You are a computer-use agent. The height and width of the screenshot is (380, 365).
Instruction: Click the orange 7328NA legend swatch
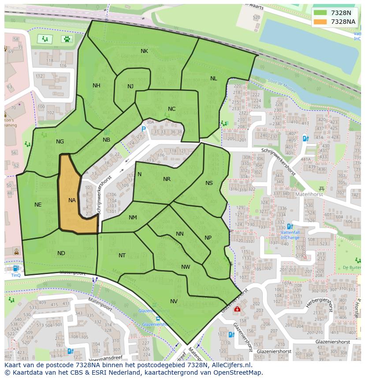[320, 21]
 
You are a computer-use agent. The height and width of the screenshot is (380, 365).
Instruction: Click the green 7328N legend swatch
[320, 13]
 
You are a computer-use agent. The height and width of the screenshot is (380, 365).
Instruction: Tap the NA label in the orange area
[72, 200]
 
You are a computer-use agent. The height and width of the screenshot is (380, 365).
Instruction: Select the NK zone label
[144, 51]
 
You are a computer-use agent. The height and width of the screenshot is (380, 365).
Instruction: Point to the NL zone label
[213, 79]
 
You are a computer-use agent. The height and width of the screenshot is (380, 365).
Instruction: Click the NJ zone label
[130, 86]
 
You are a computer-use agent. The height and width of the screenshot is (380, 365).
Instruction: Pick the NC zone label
[171, 109]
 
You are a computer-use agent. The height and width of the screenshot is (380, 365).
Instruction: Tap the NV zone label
[174, 301]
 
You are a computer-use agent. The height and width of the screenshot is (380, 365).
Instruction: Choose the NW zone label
[186, 267]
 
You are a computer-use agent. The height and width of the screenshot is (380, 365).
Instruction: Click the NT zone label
[122, 256]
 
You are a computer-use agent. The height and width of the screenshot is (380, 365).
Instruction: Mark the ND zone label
[61, 253]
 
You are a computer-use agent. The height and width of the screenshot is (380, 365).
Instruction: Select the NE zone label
[38, 205]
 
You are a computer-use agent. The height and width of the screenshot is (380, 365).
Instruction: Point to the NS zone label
[209, 183]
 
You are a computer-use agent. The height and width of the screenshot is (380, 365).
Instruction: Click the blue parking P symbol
[143, 129]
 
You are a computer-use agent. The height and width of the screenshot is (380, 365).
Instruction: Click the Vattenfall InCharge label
[290, 234]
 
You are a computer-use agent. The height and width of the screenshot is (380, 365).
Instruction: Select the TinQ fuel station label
[16, 275]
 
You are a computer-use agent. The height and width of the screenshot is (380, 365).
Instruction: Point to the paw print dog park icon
[67, 39]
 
